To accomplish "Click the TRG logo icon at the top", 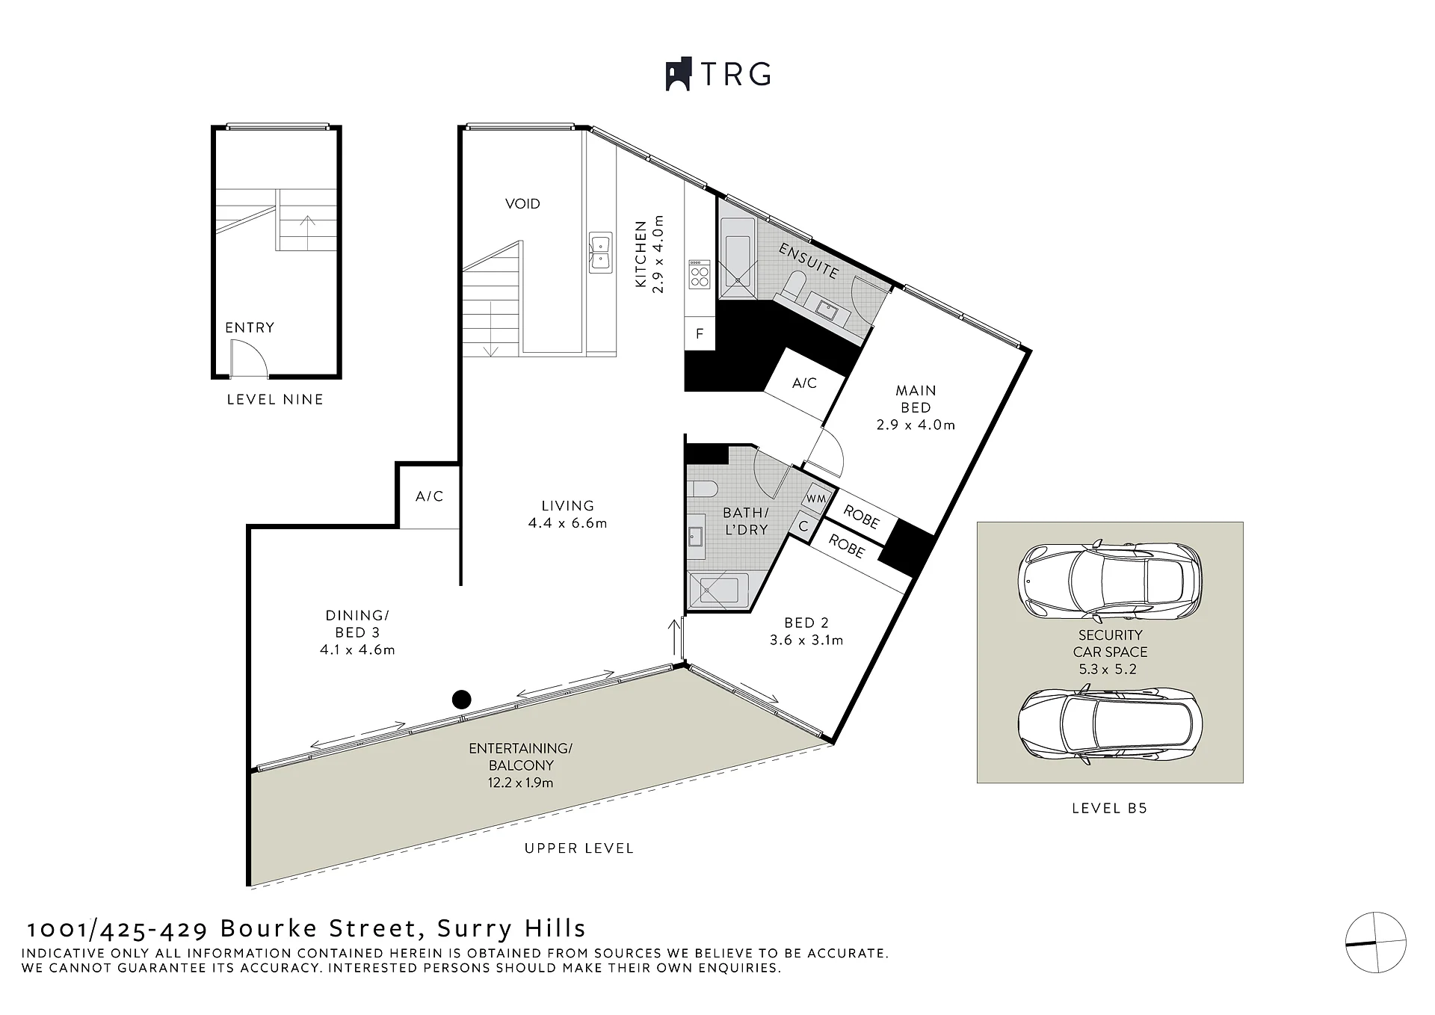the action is click(679, 75).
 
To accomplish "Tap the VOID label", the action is click(522, 203).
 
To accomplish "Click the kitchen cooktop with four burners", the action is click(700, 274).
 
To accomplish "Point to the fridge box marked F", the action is click(700, 333).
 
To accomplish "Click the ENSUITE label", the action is click(809, 261).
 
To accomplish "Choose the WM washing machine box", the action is click(816, 498).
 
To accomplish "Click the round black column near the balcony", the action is click(462, 700).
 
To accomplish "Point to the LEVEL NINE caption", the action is click(275, 400).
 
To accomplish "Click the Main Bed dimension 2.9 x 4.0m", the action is click(916, 425).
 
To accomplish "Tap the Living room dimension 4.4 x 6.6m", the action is click(567, 523).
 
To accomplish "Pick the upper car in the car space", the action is click(1110, 580).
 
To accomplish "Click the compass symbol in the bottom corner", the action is click(1375, 942).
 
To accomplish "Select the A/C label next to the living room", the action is click(429, 496).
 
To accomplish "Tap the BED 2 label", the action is click(806, 623).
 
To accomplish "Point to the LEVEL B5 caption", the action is click(1109, 808).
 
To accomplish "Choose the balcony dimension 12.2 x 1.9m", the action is click(521, 783).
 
